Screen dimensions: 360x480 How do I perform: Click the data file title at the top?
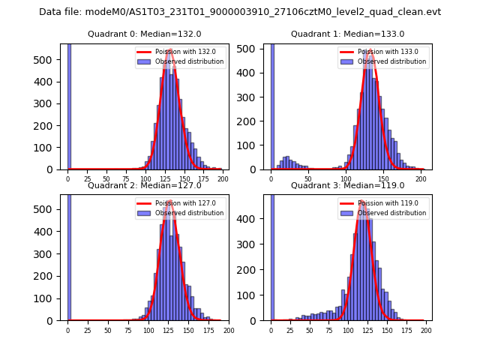click(240, 12)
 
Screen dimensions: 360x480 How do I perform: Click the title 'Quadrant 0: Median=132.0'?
click(145, 34)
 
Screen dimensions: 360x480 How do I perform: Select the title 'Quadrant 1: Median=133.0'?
click(347, 34)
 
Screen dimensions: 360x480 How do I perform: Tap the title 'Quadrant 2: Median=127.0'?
click(145, 185)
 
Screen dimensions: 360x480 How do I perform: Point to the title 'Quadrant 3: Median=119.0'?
click(347, 185)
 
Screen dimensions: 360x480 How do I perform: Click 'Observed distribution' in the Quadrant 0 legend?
click(189, 61)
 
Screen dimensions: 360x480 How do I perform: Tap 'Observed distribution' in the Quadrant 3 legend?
click(392, 213)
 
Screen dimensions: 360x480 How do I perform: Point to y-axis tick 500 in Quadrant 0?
click(49, 59)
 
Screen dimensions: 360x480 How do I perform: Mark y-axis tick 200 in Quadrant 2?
click(49, 276)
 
